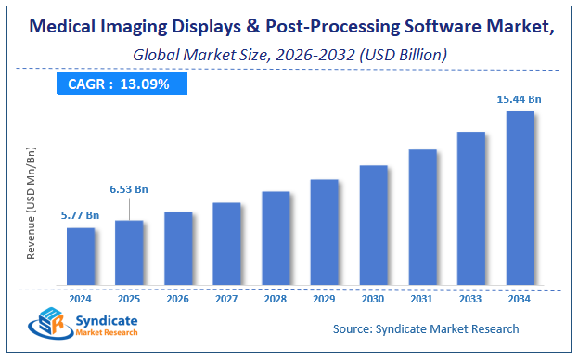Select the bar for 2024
click(81, 256)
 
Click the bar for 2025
click(129, 252)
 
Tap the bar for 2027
click(226, 243)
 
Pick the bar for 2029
click(324, 232)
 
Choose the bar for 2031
click(422, 217)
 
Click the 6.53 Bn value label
click(129, 189)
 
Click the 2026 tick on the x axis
click(178, 299)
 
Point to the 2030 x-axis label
click(373, 299)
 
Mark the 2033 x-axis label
click(471, 299)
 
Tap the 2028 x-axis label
click(276, 299)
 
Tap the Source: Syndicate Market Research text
click(426, 328)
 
